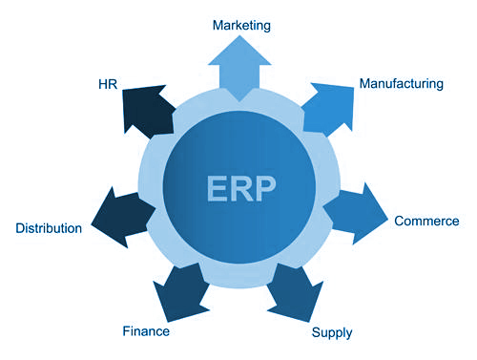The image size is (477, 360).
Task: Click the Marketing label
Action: tap(242, 24)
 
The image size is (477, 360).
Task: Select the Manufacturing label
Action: tap(401, 84)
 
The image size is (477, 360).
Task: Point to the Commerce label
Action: tap(426, 222)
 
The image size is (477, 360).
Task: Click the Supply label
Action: tap(332, 333)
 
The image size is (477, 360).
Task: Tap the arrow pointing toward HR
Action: tap(148, 109)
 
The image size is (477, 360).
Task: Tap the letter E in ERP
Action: tap(217, 185)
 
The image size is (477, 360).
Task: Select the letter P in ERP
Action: tap(266, 185)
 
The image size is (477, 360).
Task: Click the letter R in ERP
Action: tap(241, 185)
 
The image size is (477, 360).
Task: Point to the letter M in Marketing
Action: tap(219, 24)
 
